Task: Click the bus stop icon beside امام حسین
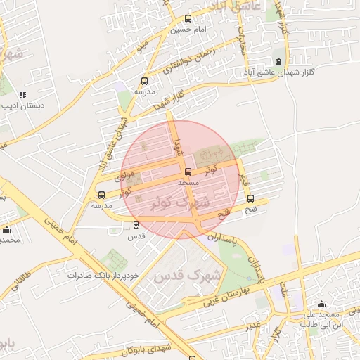coord(187,19)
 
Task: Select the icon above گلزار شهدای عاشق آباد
coord(278,62)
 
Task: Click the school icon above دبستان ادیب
coord(22,95)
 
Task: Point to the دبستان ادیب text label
coord(21,106)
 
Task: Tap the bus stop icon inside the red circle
coord(187,172)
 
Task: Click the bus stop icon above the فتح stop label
coord(251,199)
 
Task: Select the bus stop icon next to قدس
coord(136,225)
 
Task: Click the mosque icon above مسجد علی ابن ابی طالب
coord(322,304)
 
